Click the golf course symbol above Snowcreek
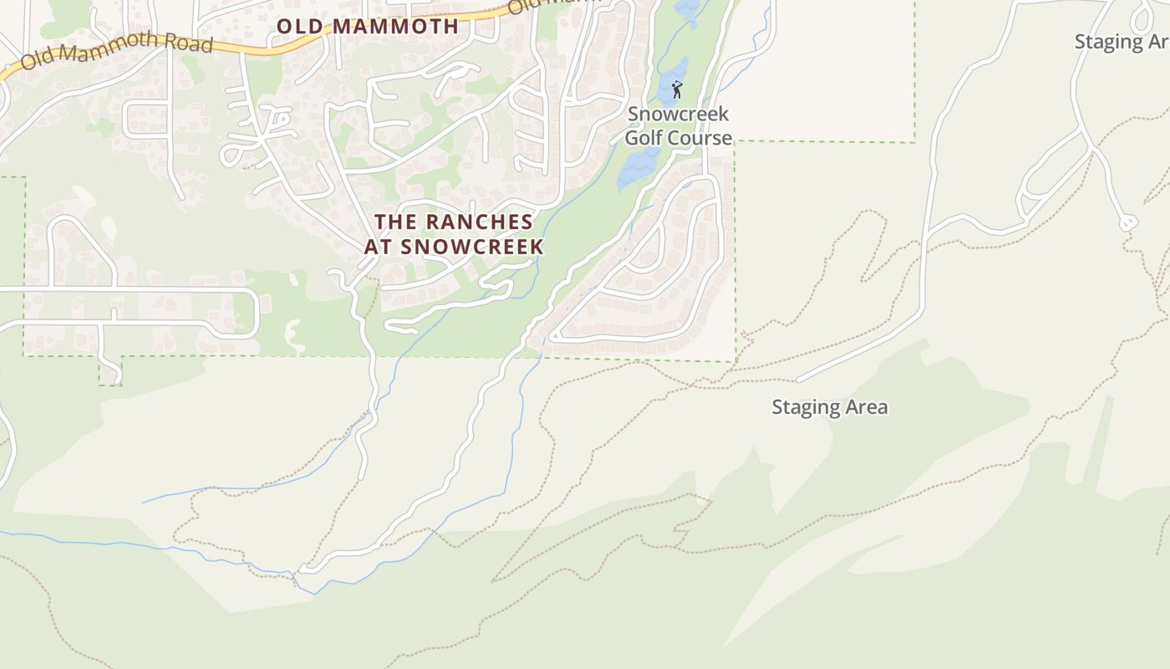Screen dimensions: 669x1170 tap(677, 89)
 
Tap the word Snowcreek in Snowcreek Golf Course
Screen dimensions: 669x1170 tap(678, 114)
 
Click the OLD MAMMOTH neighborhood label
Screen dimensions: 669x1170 tap(368, 26)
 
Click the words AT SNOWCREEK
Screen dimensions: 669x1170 tap(454, 247)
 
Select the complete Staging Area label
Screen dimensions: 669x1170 tap(829, 407)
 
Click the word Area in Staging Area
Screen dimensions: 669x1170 tap(864, 407)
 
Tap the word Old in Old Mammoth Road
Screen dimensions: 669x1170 tap(37, 59)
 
